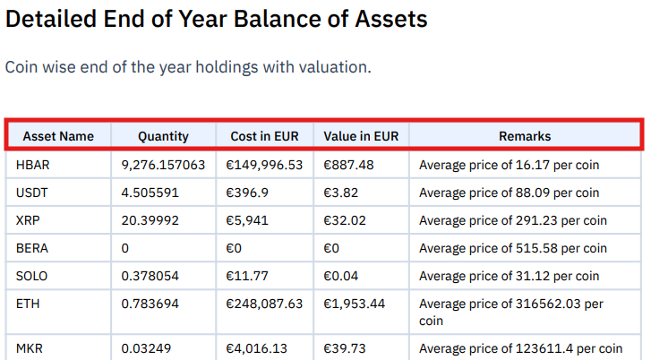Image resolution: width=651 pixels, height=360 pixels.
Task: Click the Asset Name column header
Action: tap(58, 136)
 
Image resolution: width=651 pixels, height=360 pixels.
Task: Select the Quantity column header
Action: tap(163, 136)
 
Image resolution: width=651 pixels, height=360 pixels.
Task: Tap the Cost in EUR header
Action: tap(265, 136)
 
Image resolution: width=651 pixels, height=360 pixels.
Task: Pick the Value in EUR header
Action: tap(361, 136)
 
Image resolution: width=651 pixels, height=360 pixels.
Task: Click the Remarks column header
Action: tap(525, 136)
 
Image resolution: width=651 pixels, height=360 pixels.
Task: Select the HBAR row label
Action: tap(33, 165)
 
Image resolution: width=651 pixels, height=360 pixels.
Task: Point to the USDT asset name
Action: tap(32, 193)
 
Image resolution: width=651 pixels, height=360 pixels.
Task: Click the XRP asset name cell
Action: tap(29, 220)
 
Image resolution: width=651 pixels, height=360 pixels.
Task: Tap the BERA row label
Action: tap(32, 248)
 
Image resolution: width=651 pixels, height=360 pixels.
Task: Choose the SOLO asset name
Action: tap(32, 276)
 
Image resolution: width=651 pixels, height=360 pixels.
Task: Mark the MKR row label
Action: tap(30, 347)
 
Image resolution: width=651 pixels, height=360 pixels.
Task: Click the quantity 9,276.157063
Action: tap(163, 165)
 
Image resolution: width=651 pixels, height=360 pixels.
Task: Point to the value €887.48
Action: tap(348, 165)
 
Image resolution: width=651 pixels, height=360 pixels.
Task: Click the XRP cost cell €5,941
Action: tap(246, 220)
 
